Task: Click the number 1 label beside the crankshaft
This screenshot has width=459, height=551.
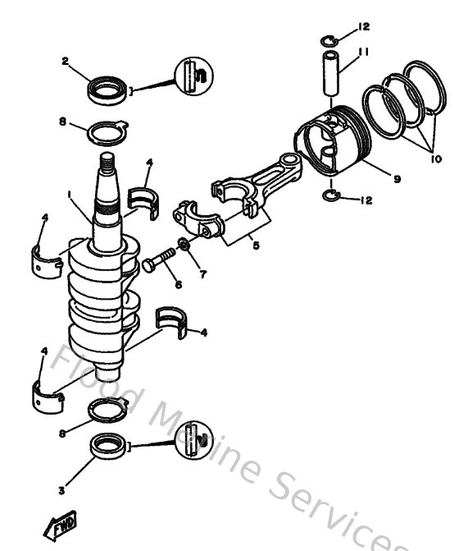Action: (x=71, y=195)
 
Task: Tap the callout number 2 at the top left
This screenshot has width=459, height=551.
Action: (x=65, y=60)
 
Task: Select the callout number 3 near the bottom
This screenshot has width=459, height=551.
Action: (x=61, y=490)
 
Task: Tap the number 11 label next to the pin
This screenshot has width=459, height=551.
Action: (x=363, y=51)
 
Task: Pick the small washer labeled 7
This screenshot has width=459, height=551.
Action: (x=184, y=246)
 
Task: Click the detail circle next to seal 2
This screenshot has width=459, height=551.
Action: (x=193, y=76)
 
